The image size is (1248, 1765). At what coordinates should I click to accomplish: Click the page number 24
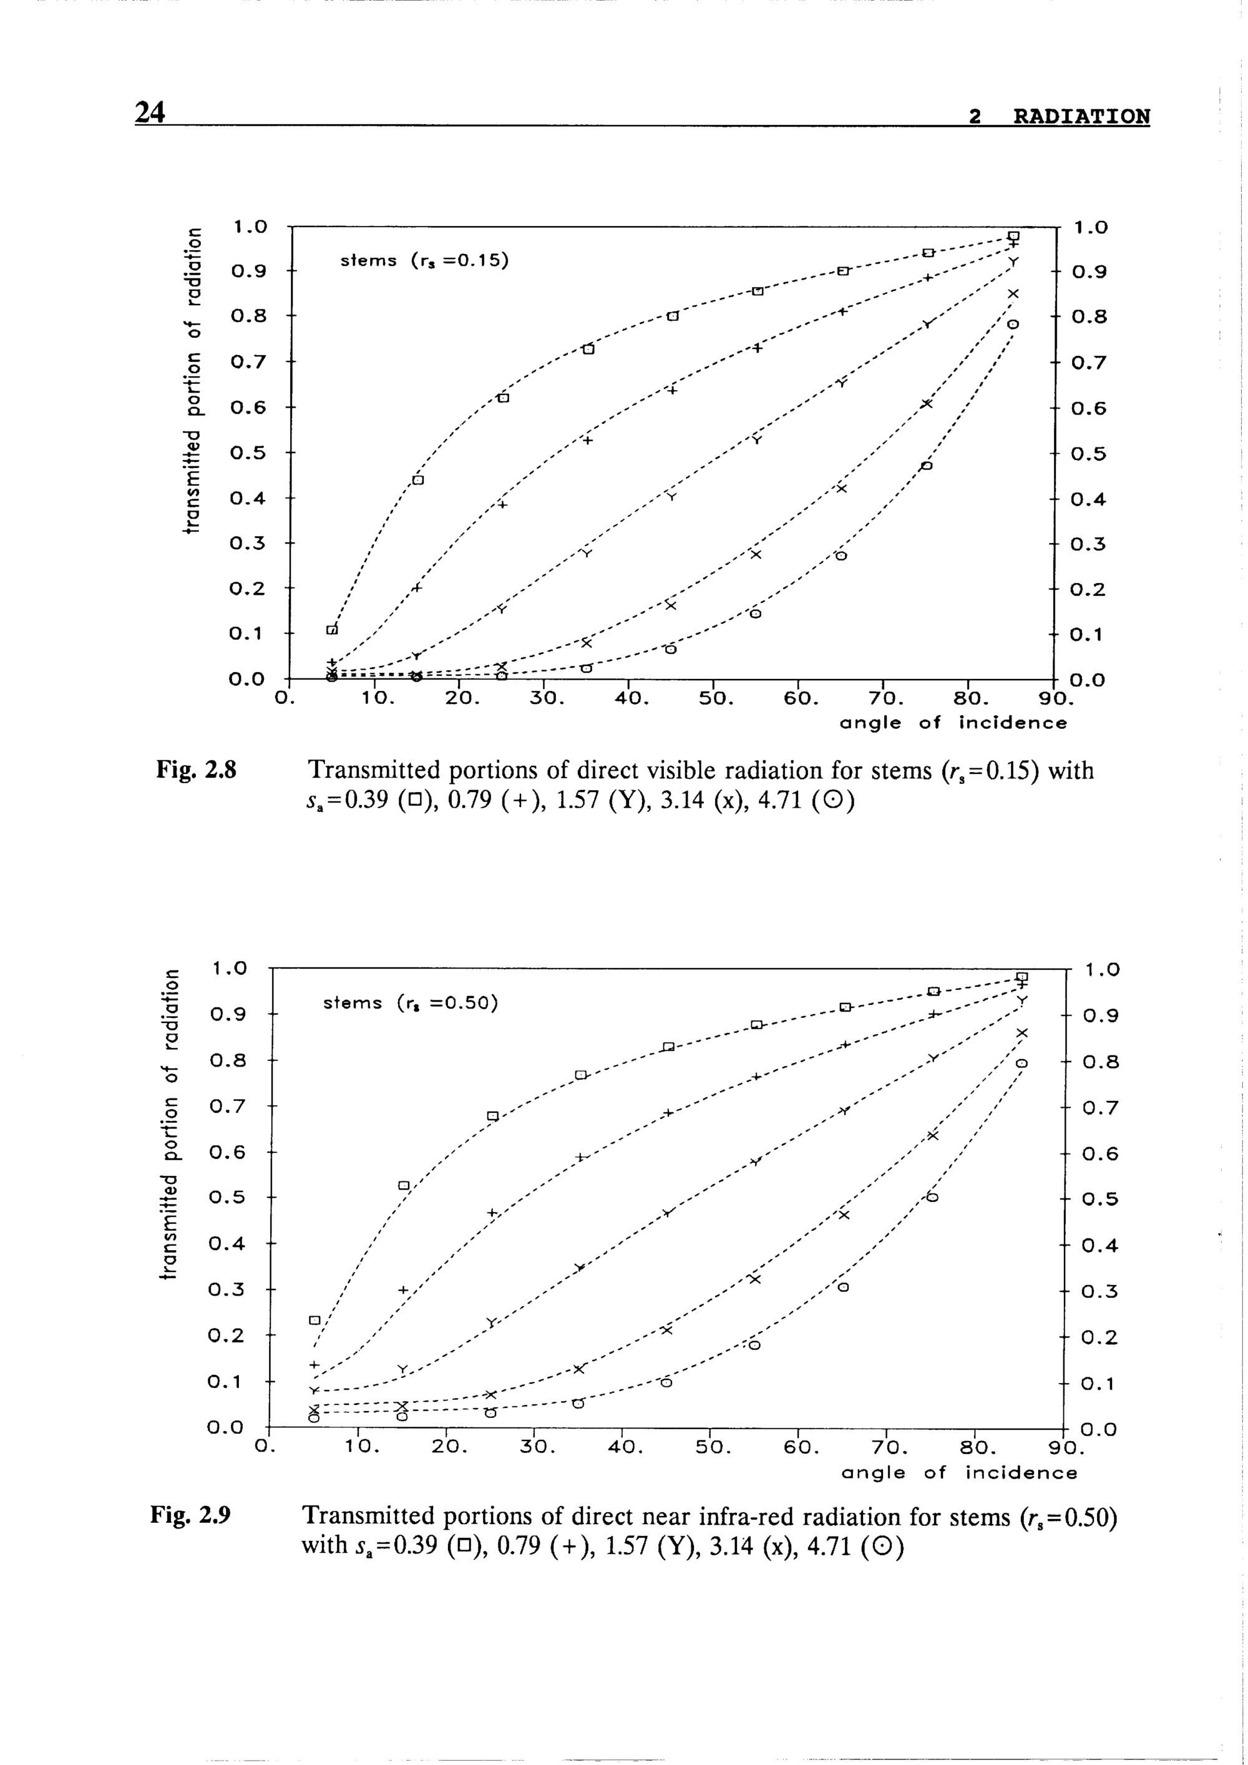point(150,112)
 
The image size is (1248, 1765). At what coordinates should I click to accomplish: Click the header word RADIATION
point(1081,117)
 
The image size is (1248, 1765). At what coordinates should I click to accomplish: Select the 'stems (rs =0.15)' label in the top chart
point(425,261)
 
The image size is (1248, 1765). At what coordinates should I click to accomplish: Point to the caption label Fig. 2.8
point(196,770)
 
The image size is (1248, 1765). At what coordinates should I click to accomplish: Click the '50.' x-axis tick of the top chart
point(716,700)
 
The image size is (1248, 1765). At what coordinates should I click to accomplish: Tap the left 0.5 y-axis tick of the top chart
point(248,452)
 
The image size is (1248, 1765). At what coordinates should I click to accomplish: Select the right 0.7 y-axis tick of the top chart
point(1088,362)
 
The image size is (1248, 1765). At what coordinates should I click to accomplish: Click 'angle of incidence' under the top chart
point(953,723)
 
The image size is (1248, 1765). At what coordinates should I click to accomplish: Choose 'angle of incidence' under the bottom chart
point(960,1473)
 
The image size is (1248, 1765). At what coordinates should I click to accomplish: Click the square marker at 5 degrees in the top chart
point(332,630)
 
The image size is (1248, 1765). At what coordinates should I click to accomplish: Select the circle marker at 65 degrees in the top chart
point(841,556)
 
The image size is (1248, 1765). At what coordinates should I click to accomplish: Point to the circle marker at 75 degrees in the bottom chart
point(932,1198)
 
